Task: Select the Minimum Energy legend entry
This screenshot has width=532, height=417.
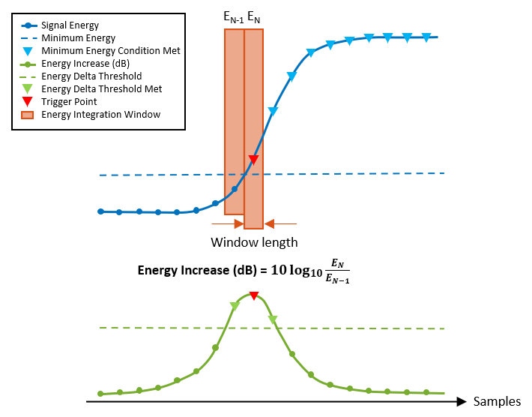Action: [x=79, y=38]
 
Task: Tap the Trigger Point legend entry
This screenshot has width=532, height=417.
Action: [x=70, y=102]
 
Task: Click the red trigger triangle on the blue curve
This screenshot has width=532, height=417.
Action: [x=253, y=160]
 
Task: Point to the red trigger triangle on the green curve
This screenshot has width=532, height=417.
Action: [x=254, y=296]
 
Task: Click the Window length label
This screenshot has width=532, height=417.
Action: [x=254, y=242]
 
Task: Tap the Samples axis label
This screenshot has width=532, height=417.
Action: [x=496, y=401]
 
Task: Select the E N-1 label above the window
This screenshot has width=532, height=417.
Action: [x=233, y=16]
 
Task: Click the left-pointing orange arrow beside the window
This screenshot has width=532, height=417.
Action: [x=280, y=223]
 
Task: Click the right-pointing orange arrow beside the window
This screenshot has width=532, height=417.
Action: [x=228, y=223]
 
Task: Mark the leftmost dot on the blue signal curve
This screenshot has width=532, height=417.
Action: [x=100, y=211]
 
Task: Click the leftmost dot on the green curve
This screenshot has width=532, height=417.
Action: [x=100, y=393]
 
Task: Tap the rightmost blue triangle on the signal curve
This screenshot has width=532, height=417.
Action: [x=426, y=37]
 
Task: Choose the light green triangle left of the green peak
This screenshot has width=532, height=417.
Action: [x=235, y=306]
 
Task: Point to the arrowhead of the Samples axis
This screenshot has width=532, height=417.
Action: [x=464, y=401]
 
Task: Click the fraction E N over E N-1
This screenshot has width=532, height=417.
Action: [x=338, y=271]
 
